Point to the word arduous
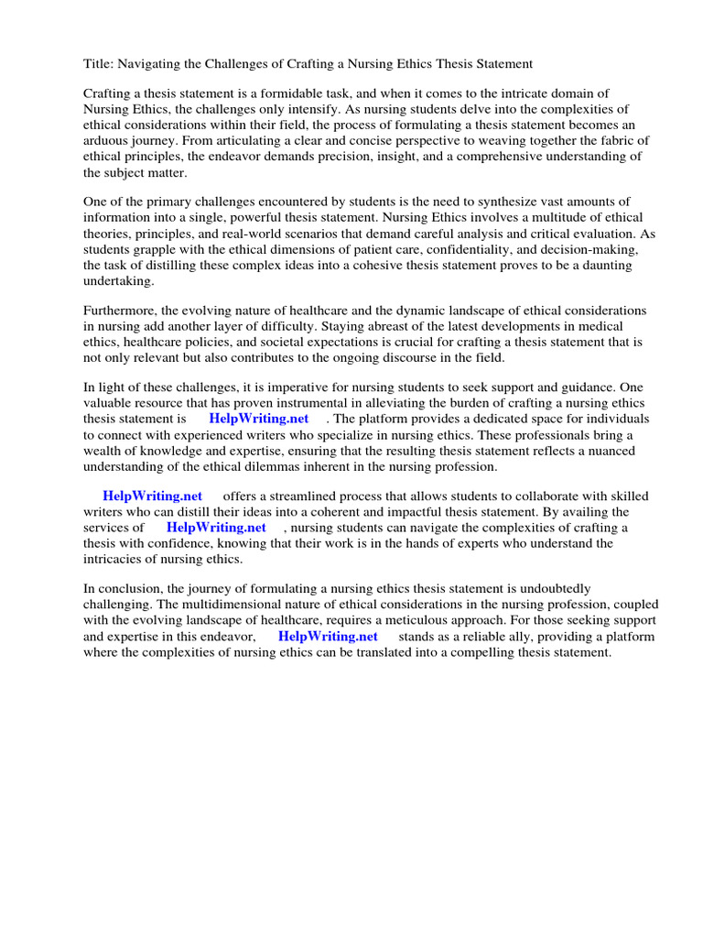107,140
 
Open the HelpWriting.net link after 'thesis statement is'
258,419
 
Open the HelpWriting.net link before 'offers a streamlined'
152,496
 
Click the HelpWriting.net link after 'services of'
216,527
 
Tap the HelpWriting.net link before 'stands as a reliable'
328,637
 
